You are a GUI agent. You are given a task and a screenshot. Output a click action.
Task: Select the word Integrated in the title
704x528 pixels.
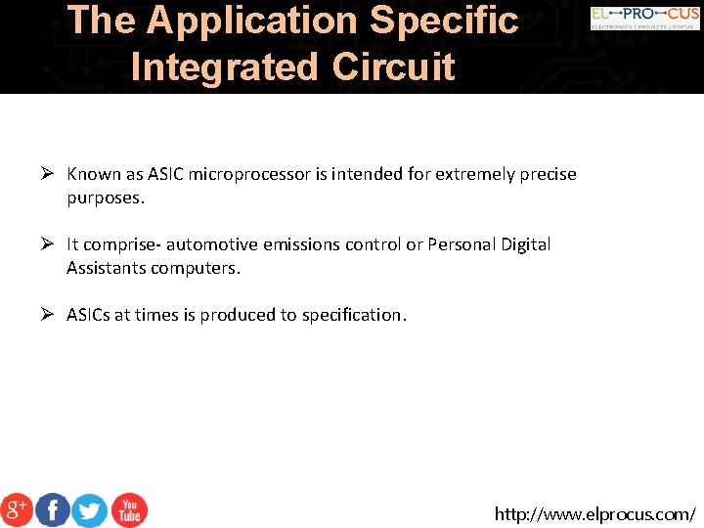pos(225,66)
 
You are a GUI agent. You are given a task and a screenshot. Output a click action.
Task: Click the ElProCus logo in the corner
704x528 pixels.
pos(644,19)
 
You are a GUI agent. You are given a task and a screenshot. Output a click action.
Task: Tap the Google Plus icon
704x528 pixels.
pos(17,509)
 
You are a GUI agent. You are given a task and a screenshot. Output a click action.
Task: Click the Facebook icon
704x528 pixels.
pos(53,509)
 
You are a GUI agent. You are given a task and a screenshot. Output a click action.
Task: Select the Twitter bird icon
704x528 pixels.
pos(90,509)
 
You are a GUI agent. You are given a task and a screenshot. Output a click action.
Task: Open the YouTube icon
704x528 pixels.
pos(128,509)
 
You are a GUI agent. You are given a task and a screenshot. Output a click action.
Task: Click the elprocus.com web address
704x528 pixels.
pos(594,513)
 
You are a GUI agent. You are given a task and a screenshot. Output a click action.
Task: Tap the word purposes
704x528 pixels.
pos(105,198)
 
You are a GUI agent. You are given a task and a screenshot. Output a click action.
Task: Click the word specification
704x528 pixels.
pos(354,315)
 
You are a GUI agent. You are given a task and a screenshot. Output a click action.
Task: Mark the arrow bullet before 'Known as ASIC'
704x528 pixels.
pos(46,174)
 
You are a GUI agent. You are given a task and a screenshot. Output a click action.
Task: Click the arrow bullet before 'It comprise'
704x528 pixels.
pos(46,244)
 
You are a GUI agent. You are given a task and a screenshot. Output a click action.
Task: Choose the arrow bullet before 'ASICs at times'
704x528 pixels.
pos(46,315)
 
